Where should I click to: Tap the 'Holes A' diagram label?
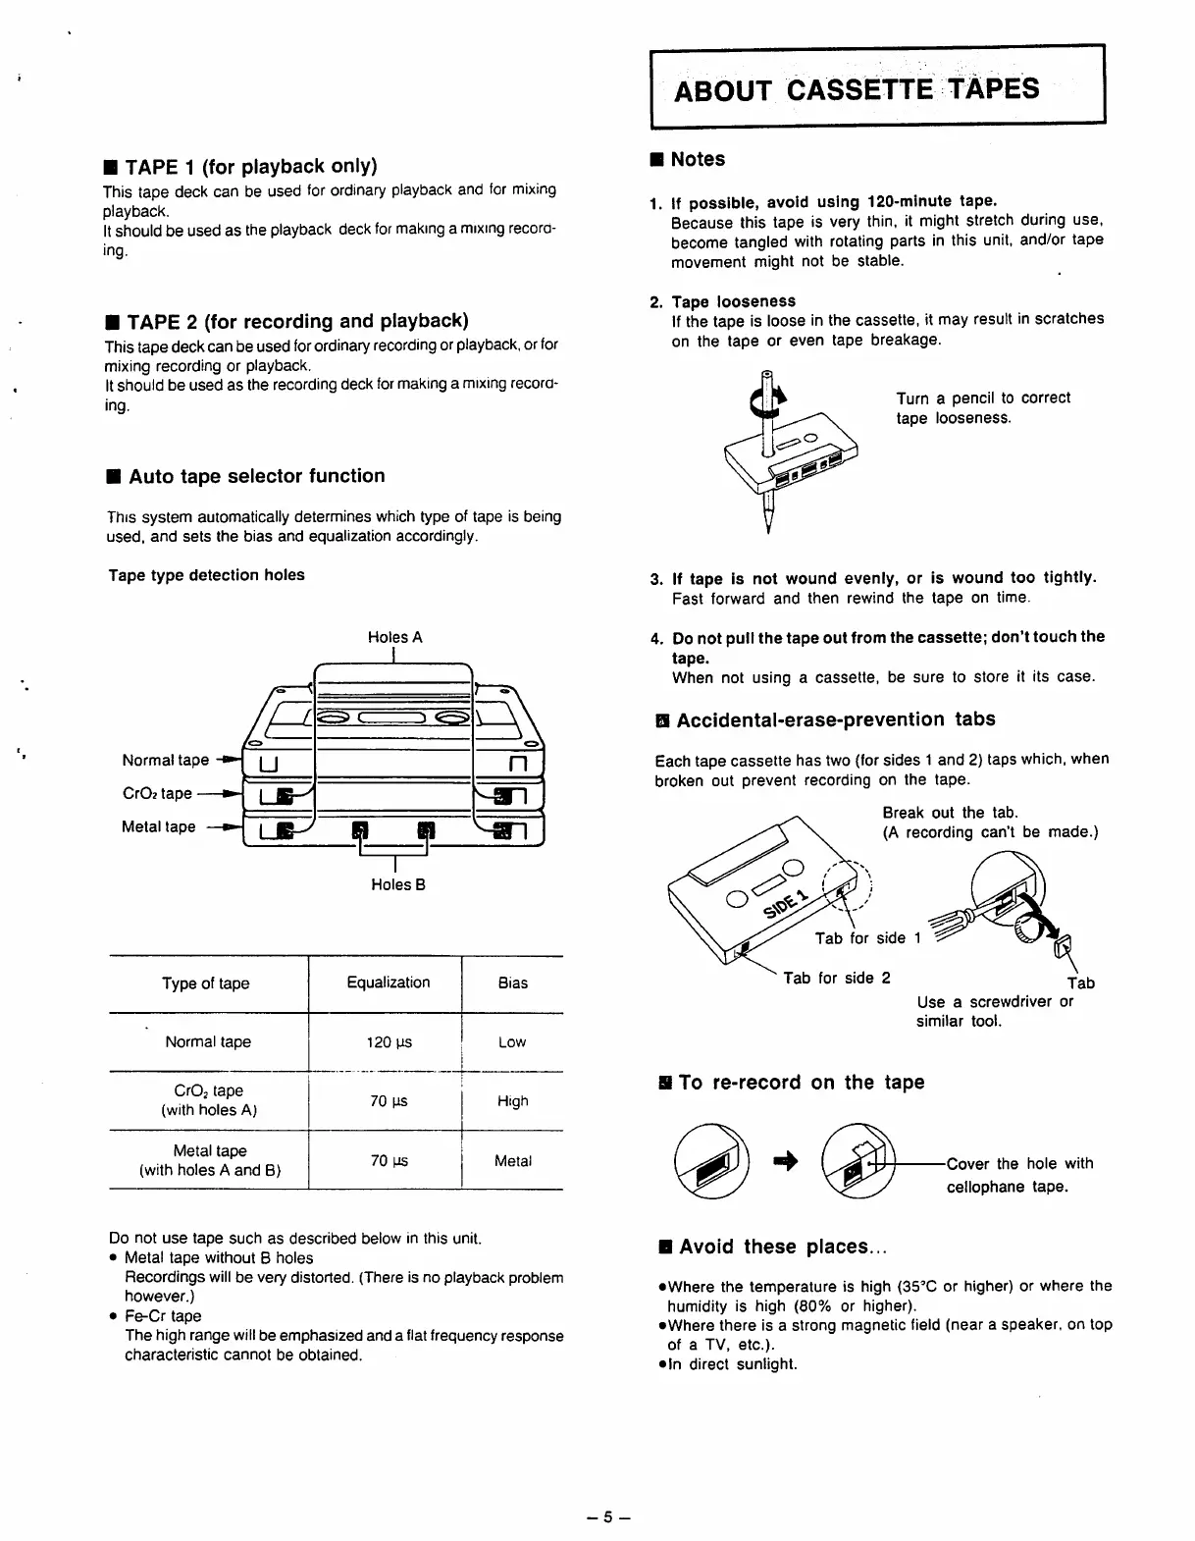pos(394,637)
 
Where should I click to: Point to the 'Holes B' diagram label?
pos(397,884)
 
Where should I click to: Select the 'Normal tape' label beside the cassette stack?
pos(165,760)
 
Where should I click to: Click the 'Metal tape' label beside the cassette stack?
pos(158,826)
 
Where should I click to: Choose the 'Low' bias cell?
pos(511,1042)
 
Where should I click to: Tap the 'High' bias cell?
pos(512,1101)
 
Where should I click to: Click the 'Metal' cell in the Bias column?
pos(512,1161)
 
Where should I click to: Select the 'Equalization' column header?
pos(388,983)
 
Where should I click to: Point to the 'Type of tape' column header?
pos(206,983)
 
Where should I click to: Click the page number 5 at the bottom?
pos(607,1516)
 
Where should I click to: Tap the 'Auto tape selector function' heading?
pos(256,476)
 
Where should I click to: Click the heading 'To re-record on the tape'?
pos(801,1083)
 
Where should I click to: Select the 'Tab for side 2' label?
pos(836,978)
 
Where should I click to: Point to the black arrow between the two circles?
pos(786,1162)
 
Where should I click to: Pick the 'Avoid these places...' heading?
pos(782,1247)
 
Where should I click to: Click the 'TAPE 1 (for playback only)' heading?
pos(251,166)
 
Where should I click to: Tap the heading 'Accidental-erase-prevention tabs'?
pos(835,719)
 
